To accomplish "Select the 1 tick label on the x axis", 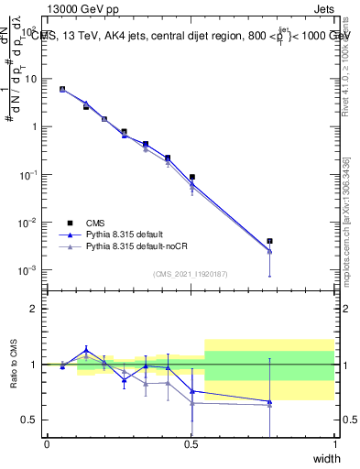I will pos(334,445).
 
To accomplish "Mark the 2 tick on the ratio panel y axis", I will pos(34,309).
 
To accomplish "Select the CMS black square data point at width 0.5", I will pos(192,177).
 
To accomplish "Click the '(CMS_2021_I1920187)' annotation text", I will pos(191,274).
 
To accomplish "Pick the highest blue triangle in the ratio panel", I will pos(86,350).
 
